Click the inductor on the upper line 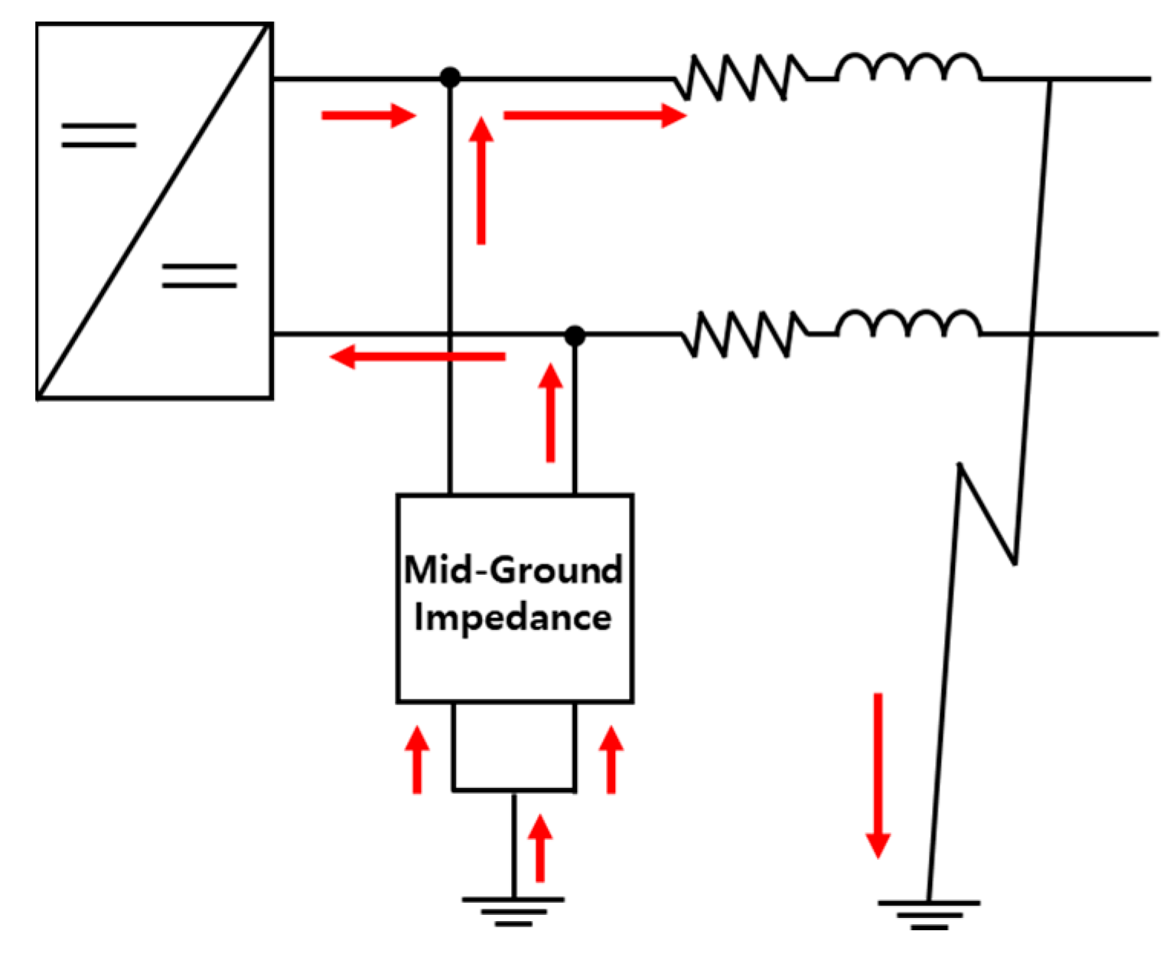pyautogui.click(x=908, y=69)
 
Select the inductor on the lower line pyautogui.click(x=908, y=325)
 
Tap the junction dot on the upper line pyautogui.click(x=450, y=77)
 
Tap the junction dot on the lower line pyautogui.click(x=575, y=335)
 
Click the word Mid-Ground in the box pyautogui.click(x=513, y=570)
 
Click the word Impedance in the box pyautogui.click(x=513, y=618)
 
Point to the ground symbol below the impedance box pyautogui.click(x=513, y=911)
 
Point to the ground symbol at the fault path pyautogui.click(x=929, y=914)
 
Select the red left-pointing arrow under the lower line pyautogui.click(x=418, y=357)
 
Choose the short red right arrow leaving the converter pyautogui.click(x=368, y=116)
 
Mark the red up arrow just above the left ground pyautogui.click(x=540, y=848)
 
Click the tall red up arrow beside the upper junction pyautogui.click(x=481, y=181)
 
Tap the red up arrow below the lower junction pyautogui.click(x=550, y=413)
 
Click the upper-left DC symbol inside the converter pyautogui.click(x=99, y=135)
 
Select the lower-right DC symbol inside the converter pyautogui.click(x=199, y=276)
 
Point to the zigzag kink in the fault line pyautogui.click(x=987, y=513)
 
